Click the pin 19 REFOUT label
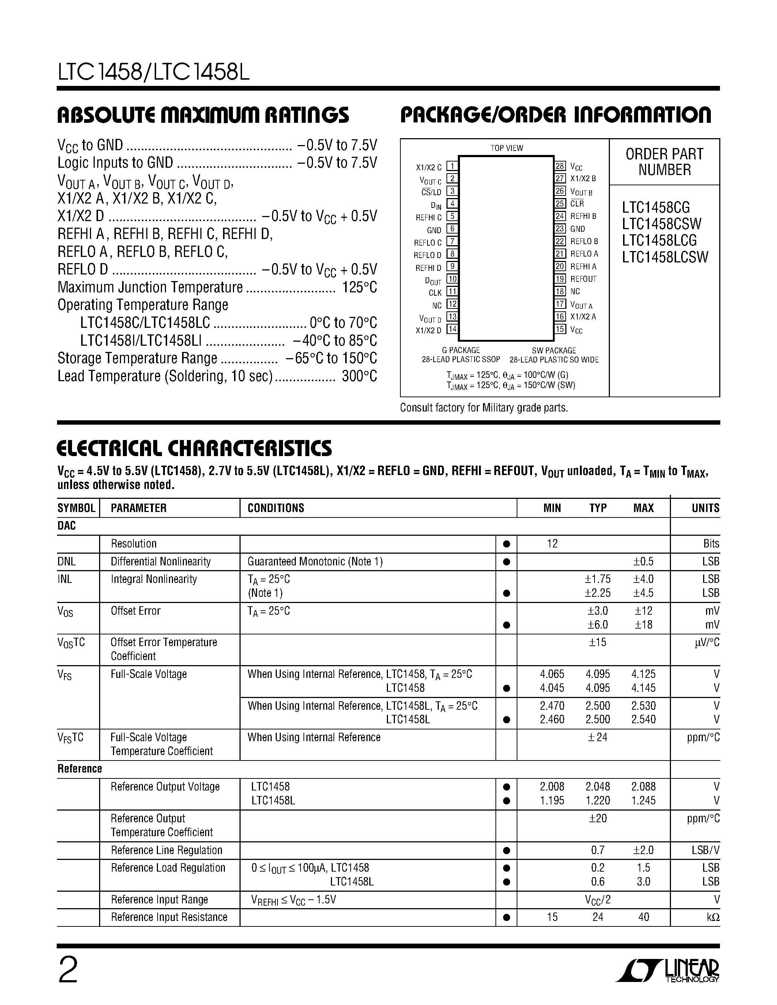(583, 279)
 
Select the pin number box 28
(560, 166)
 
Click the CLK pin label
(435, 293)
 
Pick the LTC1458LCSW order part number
(665, 257)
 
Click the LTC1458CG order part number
(656, 207)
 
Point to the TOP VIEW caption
(506, 148)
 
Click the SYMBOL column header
(76, 508)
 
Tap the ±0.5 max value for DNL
(644, 561)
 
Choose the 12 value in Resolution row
(552, 543)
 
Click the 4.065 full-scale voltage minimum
(552, 674)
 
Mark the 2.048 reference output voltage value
(597, 786)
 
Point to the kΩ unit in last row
(713, 917)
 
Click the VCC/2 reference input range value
(597, 900)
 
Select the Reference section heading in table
(80, 769)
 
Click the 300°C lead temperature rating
(359, 376)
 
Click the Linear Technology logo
(667, 970)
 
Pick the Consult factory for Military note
(484, 408)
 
